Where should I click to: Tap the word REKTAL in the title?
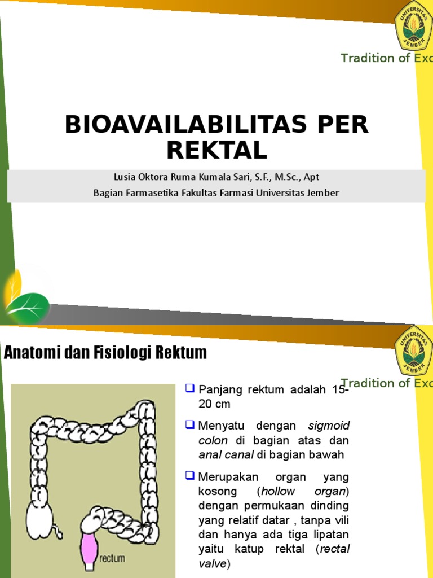click(216, 150)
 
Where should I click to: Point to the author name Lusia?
click(125, 177)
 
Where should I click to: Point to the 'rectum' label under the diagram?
click(112, 559)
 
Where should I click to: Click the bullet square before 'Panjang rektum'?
click(189, 388)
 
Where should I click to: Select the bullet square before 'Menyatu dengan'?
click(189, 424)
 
